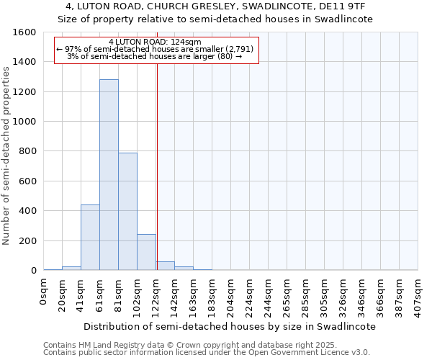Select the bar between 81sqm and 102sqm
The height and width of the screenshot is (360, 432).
[127, 212]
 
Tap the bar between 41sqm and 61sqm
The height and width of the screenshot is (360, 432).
[90, 238]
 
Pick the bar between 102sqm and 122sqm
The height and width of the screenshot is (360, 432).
[146, 252]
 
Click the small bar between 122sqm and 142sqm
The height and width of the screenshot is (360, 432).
[165, 266]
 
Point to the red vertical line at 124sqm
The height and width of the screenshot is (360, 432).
[157, 166]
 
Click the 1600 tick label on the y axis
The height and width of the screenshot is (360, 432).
[24, 32]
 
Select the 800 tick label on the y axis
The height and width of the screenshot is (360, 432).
[27, 151]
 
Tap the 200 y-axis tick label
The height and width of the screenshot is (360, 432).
[27, 240]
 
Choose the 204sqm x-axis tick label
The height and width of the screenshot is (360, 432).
[231, 294]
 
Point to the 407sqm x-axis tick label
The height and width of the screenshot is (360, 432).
[418, 294]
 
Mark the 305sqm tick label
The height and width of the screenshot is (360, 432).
[325, 294]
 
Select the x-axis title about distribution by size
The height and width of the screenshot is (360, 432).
[230, 326]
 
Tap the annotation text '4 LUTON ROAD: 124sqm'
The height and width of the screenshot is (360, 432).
[155, 42]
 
